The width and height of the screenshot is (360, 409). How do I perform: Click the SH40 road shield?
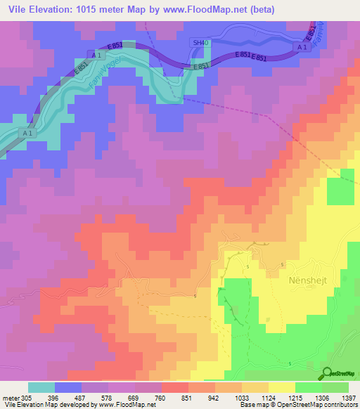[x=201, y=43]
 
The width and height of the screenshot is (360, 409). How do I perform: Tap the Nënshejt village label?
[x=308, y=280]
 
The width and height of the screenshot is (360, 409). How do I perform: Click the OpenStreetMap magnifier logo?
[x=327, y=373]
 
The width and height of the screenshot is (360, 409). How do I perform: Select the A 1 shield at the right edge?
[x=302, y=46]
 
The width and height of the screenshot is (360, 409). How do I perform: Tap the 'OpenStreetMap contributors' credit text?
[x=323, y=405]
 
